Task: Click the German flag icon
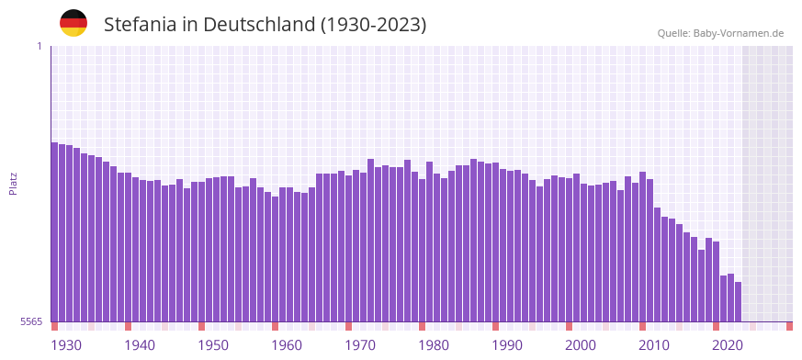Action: point(73,23)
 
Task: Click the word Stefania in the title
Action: point(141,25)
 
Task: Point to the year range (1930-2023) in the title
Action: point(373,25)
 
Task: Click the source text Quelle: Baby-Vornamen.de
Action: point(720,33)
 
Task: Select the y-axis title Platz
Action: point(13,183)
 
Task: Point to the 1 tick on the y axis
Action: point(39,46)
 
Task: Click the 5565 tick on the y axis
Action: point(30,321)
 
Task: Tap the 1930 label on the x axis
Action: point(66,345)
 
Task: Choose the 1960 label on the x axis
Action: point(287,345)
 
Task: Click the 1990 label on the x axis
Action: point(507,345)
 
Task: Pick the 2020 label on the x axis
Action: point(728,345)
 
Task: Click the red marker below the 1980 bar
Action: point(423,326)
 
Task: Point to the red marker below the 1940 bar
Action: point(129,326)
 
